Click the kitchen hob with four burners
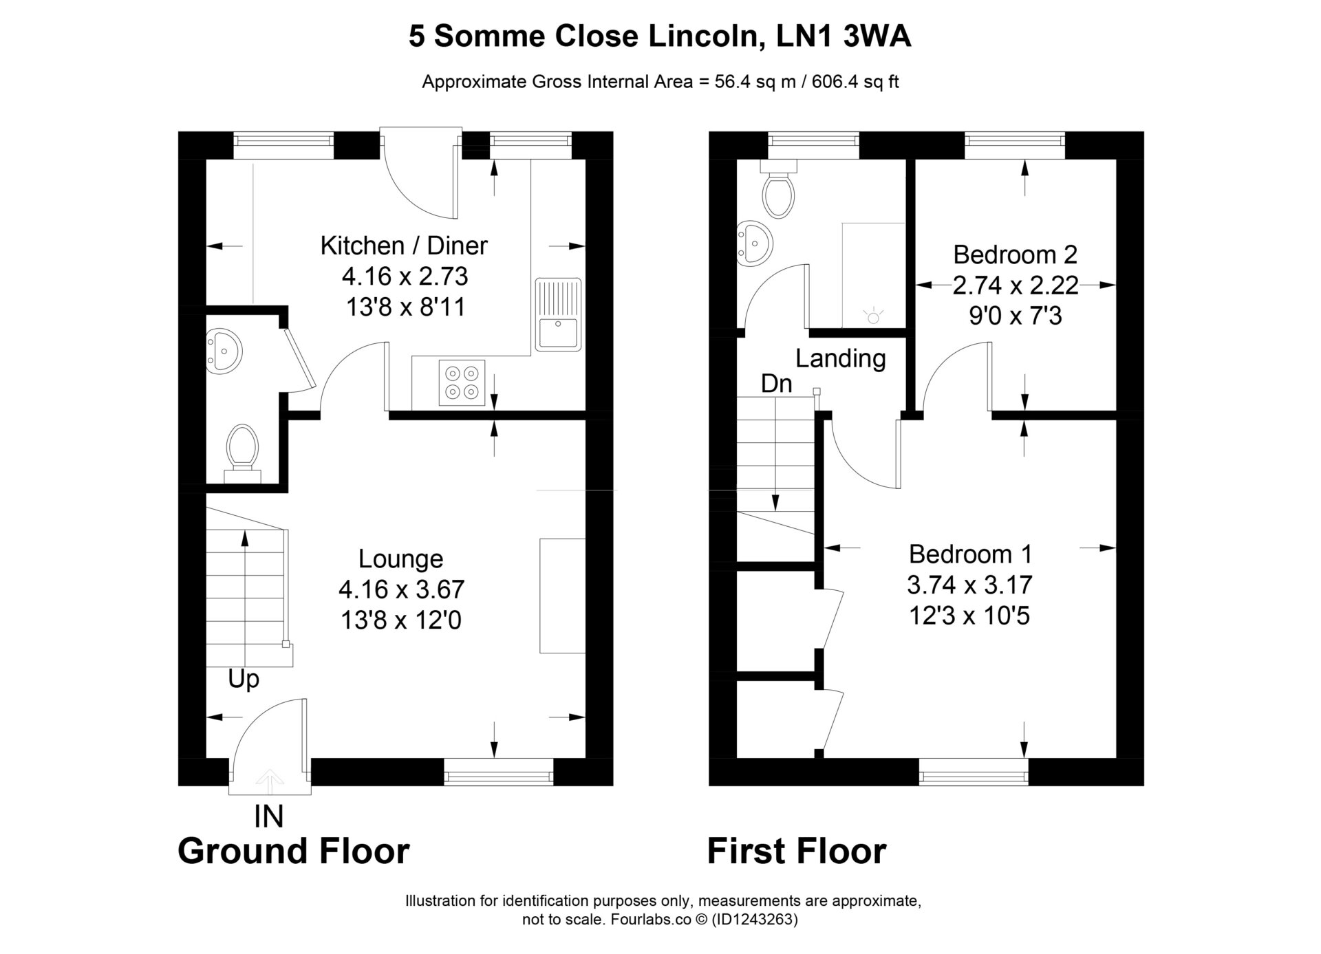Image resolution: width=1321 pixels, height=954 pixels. tap(462, 382)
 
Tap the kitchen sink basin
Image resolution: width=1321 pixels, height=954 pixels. tap(558, 332)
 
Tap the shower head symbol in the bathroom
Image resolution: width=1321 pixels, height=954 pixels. tap(874, 316)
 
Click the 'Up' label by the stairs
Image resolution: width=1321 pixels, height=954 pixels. tap(244, 680)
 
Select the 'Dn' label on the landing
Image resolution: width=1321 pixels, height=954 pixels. tap(776, 383)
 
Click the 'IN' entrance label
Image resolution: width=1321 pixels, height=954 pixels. tap(268, 816)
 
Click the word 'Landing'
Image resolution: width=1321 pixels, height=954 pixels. tap(840, 358)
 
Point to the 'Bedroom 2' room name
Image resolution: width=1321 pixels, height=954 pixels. tap(1015, 254)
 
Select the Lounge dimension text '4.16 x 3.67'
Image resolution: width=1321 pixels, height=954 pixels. tap(401, 589)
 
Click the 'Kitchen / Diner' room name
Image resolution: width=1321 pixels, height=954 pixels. tap(404, 246)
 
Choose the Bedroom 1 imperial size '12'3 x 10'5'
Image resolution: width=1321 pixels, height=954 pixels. tap(969, 616)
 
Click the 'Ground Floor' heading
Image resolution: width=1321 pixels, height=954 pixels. tap(294, 851)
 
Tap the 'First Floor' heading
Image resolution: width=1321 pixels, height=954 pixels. tap(797, 851)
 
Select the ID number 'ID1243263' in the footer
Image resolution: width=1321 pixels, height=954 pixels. tap(755, 920)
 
